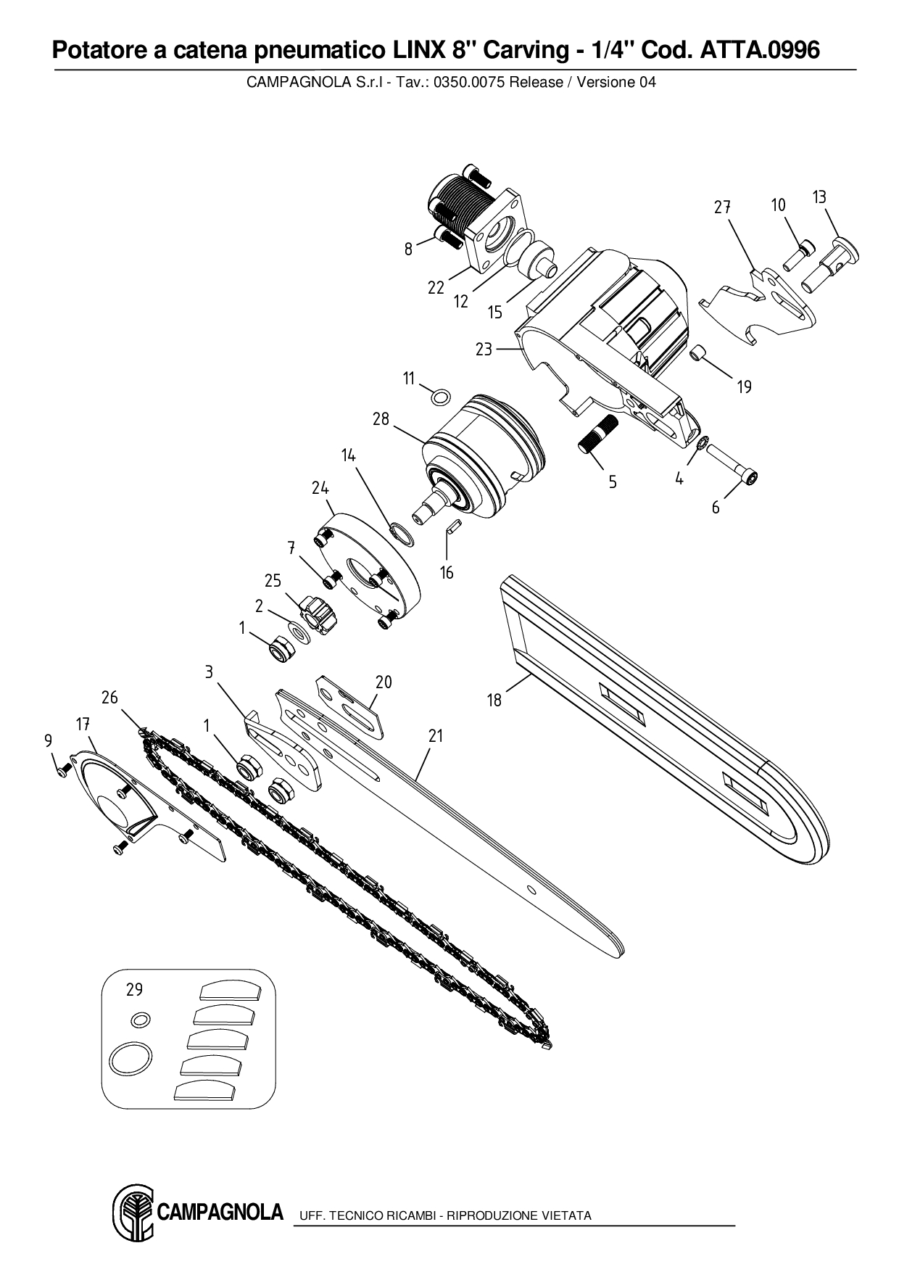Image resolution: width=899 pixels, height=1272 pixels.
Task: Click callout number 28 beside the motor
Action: tap(381, 419)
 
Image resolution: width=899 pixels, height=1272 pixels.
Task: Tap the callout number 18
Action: tap(494, 700)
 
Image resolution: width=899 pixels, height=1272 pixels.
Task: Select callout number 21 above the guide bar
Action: tap(435, 735)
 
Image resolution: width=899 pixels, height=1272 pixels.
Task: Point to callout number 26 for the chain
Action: tap(109, 697)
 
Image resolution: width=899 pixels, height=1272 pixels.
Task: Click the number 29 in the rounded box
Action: tap(134, 989)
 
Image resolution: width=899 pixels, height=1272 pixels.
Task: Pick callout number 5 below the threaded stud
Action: tap(613, 482)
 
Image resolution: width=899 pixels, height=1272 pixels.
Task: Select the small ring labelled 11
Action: tap(439, 397)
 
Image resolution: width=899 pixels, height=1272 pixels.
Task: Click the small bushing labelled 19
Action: tap(699, 354)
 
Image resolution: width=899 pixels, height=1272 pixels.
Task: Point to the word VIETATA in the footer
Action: tap(566, 1215)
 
